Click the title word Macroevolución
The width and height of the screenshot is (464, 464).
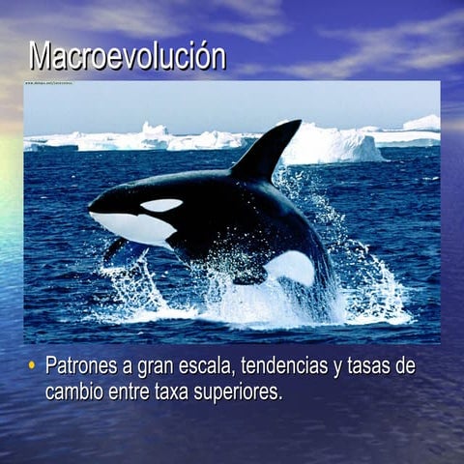tap(128, 55)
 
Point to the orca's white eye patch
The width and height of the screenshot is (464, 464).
tap(160, 205)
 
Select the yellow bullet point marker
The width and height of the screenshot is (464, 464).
tap(32, 366)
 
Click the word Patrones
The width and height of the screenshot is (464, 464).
tap(82, 367)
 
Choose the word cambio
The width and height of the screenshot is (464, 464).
tap(73, 392)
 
